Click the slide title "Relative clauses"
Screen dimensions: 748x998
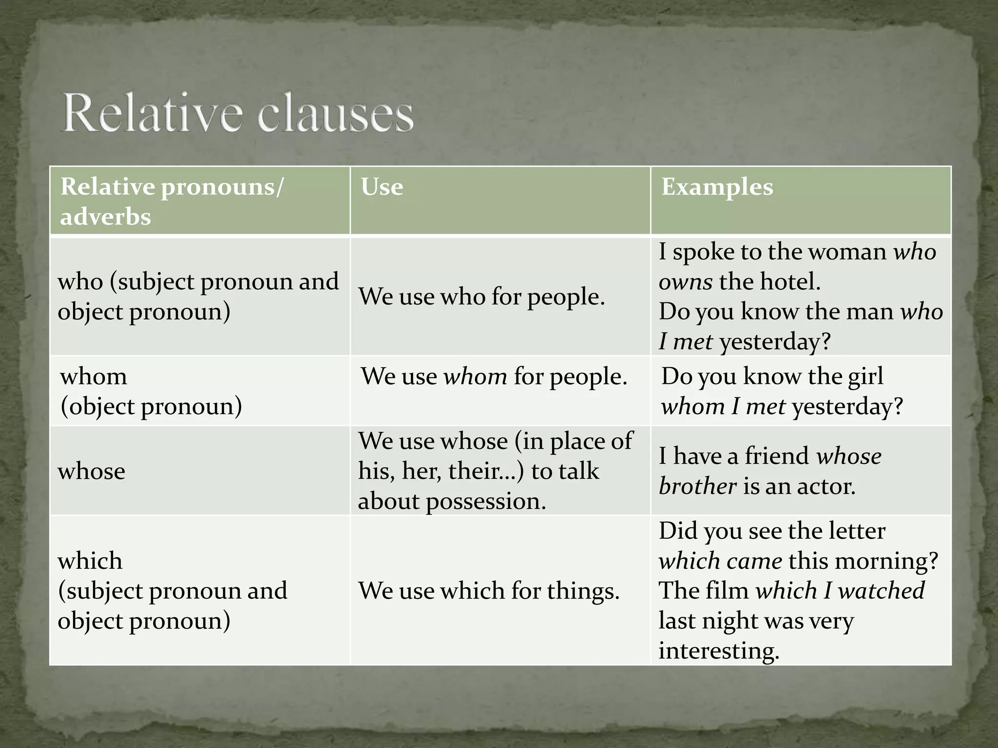coord(238,113)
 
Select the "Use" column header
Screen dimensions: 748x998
coord(382,187)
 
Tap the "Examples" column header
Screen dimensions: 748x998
coord(717,187)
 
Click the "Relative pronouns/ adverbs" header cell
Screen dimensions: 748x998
coord(171,201)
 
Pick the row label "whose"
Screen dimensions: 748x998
coord(92,471)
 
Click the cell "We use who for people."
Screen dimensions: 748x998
coord(481,297)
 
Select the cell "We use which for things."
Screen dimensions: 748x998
coord(489,591)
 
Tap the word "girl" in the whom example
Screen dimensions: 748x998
coord(865,376)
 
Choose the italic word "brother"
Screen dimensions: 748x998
coord(697,486)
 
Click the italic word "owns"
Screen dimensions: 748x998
coord(686,282)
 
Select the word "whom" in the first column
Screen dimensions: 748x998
coord(94,376)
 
